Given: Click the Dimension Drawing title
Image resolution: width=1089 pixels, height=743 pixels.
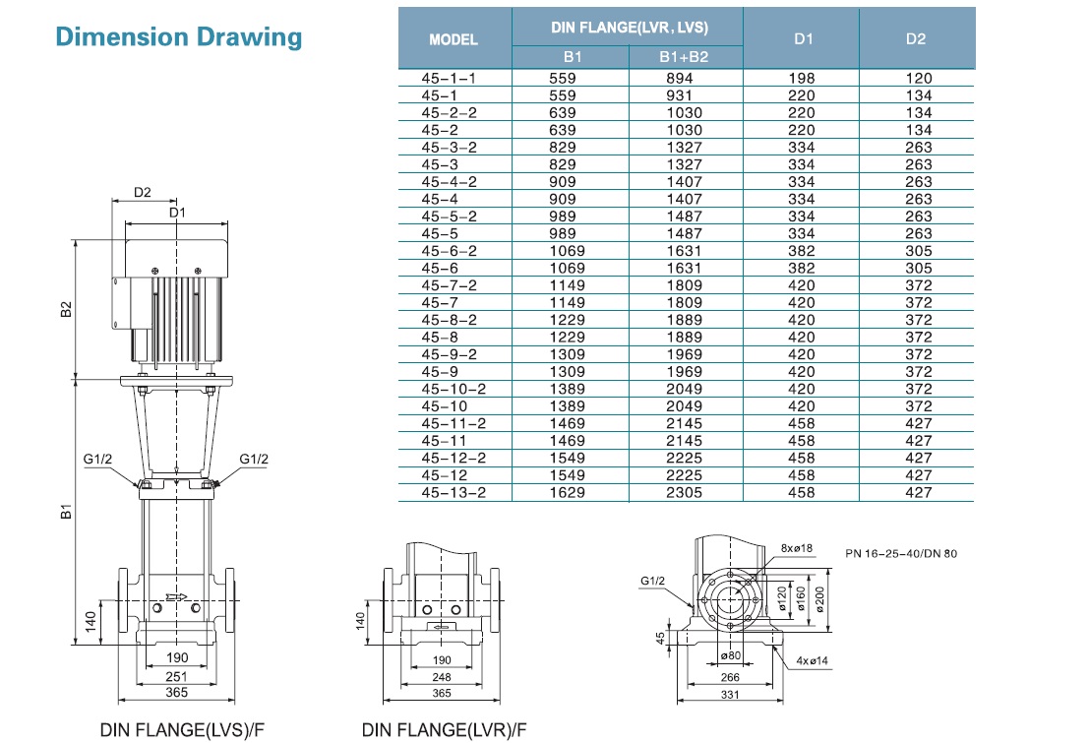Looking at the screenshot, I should pyautogui.click(x=178, y=37).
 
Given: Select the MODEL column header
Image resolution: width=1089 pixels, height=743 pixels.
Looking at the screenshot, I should pyautogui.click(x=454, y=39).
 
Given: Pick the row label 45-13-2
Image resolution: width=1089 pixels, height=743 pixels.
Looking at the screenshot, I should pyautogui.click(x=454, y=492).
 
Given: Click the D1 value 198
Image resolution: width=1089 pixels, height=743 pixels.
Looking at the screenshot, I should pyautogui.click(x=802, y=78).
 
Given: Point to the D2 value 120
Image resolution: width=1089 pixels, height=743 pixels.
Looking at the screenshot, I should pyautogui.click(x=918, y=78).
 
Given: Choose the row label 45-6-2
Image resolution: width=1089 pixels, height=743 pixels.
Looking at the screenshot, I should pyautogui.click(x=454, y=251).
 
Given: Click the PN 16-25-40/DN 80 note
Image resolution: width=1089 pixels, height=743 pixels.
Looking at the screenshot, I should pyautogui.click(x=900, y=554).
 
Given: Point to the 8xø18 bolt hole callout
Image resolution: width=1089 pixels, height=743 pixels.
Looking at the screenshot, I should pyautogui.click(x=796, y=548).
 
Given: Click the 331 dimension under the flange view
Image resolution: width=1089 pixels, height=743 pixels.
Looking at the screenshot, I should pyautogui.click(x=730, y=696).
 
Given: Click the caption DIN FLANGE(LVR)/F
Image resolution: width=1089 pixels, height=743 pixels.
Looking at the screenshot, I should pyautogui.click(x=444, y=730).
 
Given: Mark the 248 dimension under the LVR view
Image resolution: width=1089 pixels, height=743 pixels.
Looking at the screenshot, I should pyautogui.click(x=442, y=677).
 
